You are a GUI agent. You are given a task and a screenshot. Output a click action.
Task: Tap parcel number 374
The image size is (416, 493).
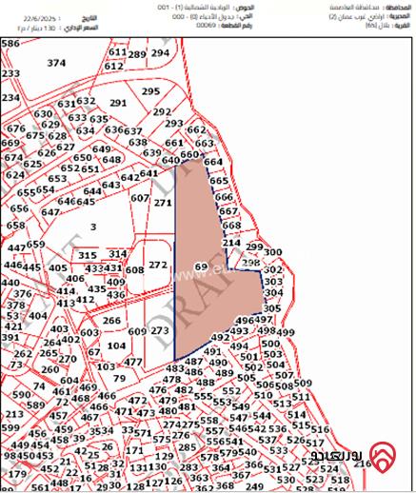click(57, 63)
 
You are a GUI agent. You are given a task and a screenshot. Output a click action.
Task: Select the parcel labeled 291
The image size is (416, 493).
click(118, 103)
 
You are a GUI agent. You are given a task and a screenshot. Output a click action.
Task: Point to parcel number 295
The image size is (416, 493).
click(150, 91)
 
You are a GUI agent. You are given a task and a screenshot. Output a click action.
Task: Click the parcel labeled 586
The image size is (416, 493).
click(10, 44)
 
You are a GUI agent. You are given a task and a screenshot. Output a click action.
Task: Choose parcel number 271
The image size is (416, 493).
click(163, 203)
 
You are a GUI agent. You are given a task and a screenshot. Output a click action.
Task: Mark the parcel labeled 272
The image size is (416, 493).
click(158, 265)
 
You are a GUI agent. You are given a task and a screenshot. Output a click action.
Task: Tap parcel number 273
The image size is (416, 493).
click(160, 330)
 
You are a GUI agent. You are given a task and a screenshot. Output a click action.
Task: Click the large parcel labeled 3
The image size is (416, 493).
click(92, 227)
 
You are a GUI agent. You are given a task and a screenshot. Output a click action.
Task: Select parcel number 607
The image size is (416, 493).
click(140, 198)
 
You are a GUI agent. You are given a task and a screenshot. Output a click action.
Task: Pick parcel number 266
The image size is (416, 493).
click(112, 321)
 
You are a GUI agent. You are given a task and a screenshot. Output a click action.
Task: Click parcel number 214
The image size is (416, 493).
click(231, 244)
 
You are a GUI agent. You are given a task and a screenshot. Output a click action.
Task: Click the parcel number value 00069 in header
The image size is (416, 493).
click(205, 26)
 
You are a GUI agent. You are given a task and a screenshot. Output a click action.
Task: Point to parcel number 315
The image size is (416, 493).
click(88, 255)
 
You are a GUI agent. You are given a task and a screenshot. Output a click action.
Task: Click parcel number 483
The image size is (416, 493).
click(174, 368)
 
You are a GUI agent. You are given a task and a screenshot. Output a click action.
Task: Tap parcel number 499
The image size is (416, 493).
click(286, 333)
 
